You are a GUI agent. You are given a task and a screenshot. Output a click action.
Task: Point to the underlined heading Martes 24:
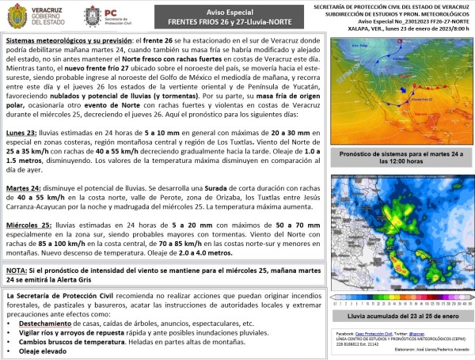point(25,187)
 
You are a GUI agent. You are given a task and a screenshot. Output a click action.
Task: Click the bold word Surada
point(197,187)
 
